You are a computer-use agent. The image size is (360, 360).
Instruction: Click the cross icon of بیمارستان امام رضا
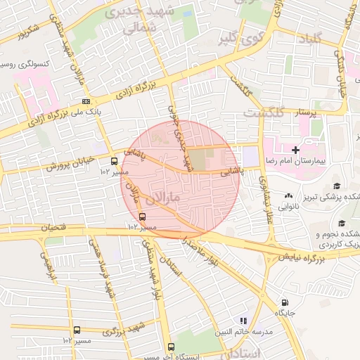coord(296,150)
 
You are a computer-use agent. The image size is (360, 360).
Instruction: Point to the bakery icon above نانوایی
coord(289,195)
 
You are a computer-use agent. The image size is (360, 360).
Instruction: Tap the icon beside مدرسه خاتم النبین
coord(243,320)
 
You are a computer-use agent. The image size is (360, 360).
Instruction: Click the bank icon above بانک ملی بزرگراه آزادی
coord(86,101)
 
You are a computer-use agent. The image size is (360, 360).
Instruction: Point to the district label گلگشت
coord(264,112)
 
